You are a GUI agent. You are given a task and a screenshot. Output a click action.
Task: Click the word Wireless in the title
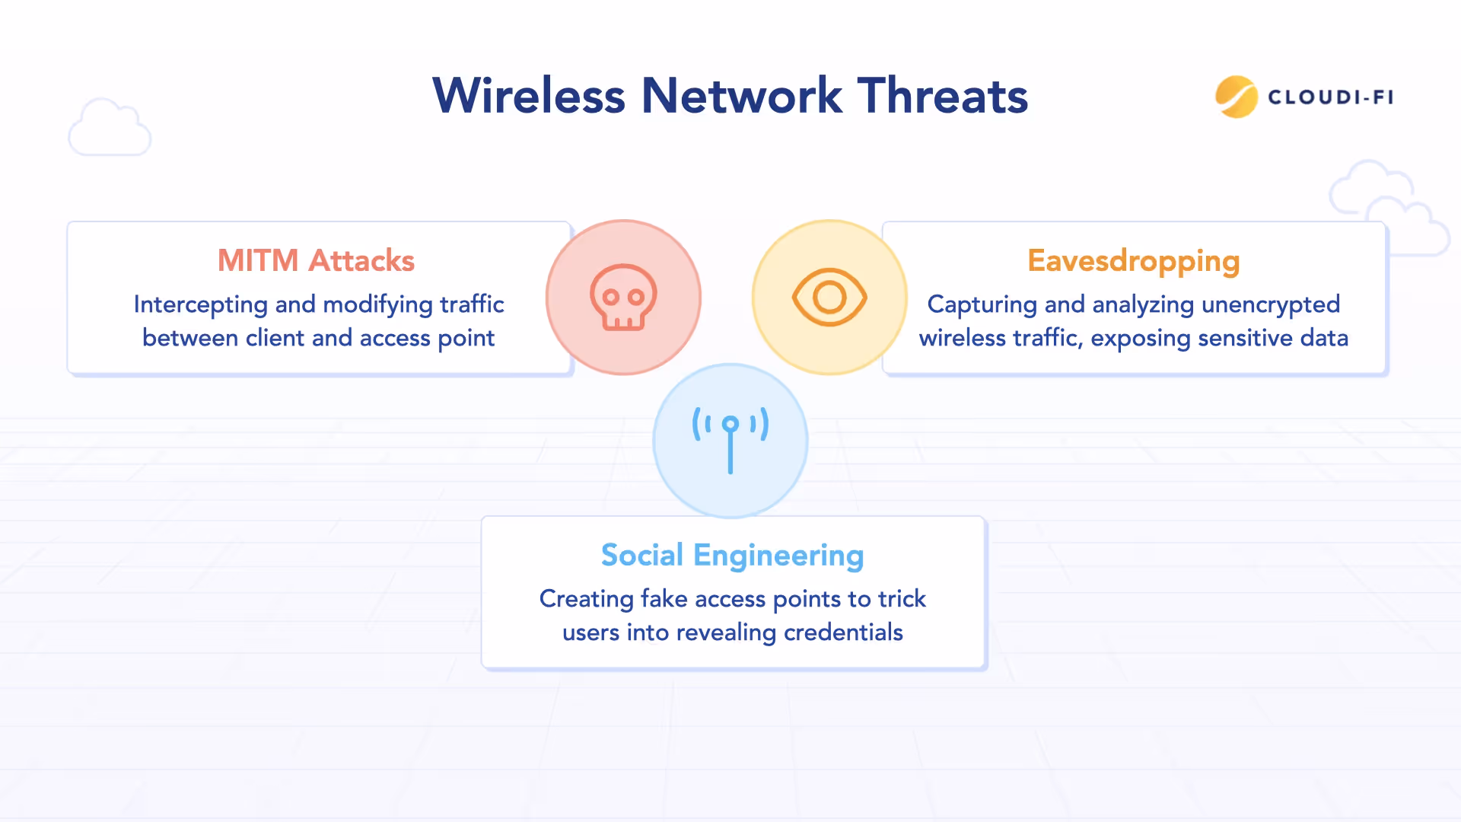[529, 96]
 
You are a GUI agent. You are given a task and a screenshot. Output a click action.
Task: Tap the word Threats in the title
[943, 96]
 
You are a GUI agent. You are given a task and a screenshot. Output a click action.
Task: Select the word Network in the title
[741, 96]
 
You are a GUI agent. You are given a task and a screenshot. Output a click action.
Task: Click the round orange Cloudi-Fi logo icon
[1236, 97]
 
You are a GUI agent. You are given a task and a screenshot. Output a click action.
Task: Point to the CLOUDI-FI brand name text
[1330, 97]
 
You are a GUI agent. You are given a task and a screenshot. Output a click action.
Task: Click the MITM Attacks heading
[316, 260]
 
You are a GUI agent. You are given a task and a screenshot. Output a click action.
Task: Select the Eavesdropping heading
[1133, 260]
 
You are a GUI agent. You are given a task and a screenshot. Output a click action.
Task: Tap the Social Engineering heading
[732, 555]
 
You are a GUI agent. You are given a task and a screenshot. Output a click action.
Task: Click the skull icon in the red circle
[623, 298]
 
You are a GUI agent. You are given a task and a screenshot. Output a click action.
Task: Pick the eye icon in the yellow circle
[829, 298]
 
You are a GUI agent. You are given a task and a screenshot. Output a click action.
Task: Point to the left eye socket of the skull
[610, 296]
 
